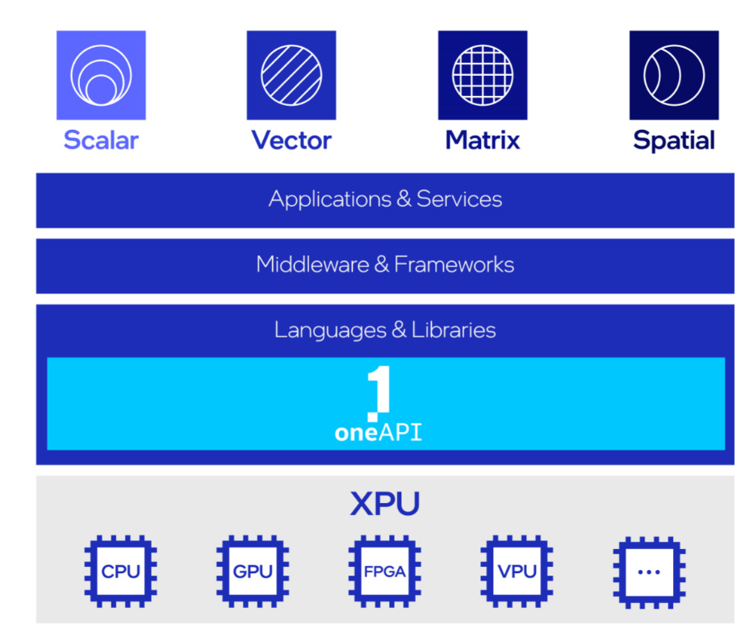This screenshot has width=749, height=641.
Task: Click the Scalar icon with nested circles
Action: pyautogui.click(x=101, y=75)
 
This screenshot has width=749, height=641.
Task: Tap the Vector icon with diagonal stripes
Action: pyautogui.click(x=291, y=75)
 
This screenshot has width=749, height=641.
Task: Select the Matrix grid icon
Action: pyautogui.click(x=483, y=75)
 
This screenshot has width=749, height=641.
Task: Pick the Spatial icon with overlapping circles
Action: pyautogui.click(x=674, y=75)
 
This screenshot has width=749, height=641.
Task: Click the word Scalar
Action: pyautogui.click(x=101, y=140)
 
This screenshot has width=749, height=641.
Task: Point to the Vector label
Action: pyautogui.click(x=291, y=140)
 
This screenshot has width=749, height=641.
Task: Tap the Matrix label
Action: pyautogui.click(x=483, y=140)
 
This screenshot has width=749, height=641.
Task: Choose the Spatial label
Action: pyautogui.click(x=674, y=140)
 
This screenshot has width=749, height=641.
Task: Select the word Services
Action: pyautogui.click(x=459, y=199)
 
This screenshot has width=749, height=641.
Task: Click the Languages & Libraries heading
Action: pyautogui.click(x=385, y=330)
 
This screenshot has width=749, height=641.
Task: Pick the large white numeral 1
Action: pyautogui.click(x=379, y=392)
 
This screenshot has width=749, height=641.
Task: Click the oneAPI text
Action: pyautogui.click(x=378, y=434)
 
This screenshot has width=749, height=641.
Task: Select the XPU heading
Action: pyautogui.click(x=385, y=505)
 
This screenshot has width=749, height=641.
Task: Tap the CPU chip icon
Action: pyautogui.click(x=121, y=572)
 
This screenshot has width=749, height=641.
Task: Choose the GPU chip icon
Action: pyautogui.click(x=253, y=572)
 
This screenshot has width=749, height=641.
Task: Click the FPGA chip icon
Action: pyautogui.click(x=385, y=572)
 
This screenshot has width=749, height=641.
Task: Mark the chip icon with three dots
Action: pyautogui.click(x=649, y=572)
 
